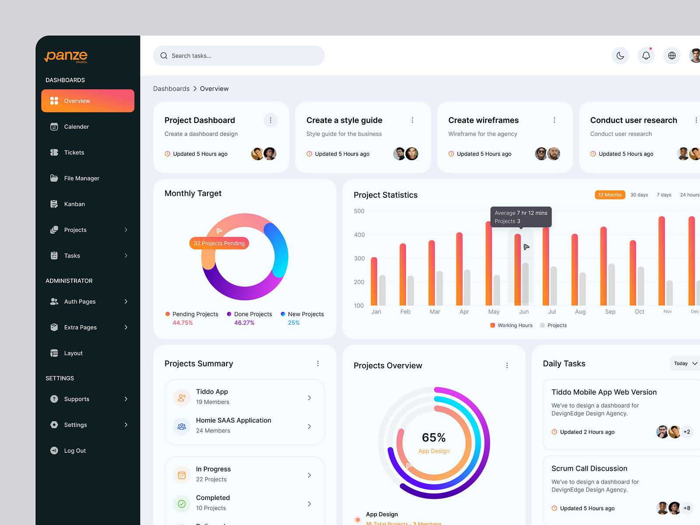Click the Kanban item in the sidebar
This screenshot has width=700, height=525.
tap(74, 204)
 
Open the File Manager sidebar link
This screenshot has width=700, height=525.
tap(81, 178)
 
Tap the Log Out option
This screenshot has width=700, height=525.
tap(75, 451)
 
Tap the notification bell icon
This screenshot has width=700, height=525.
tap(646, 56)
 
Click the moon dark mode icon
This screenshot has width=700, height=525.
tap(620, 56)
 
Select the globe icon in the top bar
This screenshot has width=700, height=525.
tap(672, 56)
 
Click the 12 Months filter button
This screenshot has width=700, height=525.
tap(609, 195)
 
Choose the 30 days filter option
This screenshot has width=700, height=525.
tap(639, 195)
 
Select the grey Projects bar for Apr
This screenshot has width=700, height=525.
tap(467, 287)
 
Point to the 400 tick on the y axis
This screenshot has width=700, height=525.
tap(359, 235)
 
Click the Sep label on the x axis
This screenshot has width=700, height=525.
tap(610, 311)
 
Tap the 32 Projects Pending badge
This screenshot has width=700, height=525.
tap(219, 243)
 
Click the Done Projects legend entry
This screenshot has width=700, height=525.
tap(252, 314)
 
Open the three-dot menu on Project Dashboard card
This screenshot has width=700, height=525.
tap(270, 120)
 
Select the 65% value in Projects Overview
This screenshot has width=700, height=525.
tap(434, 437)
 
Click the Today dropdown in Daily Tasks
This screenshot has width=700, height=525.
tap(685, 364)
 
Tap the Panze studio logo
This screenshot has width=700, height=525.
tap(66, 56)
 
